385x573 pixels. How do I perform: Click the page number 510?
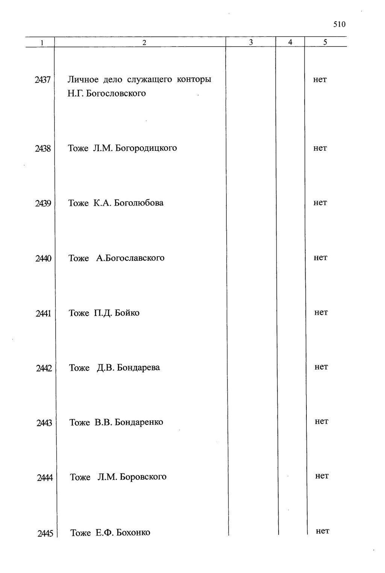(x=339, y=25)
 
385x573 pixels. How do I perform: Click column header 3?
(x=251, y=42)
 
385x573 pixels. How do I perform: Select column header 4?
(x=290, y=42)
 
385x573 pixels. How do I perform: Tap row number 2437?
(x=42, y=80)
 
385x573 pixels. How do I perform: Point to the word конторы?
(x=194, y=80)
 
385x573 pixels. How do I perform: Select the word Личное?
(x=83, y=80)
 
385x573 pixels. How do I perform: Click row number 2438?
(x=43, y=149)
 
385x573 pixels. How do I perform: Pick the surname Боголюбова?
(x=139, y=203)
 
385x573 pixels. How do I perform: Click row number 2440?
(x=43, y=259)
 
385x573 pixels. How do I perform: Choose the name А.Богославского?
(x=130, y=258)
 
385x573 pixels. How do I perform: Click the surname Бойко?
(x=127, y=313)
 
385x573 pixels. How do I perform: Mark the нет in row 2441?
(x=321, y=313)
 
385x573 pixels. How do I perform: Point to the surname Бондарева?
(x=138, y=368)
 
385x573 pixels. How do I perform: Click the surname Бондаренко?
(x=139, y=423)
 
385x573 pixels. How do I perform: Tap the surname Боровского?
(x=143, y=477)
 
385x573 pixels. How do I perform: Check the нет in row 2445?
(x=323, y=531)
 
